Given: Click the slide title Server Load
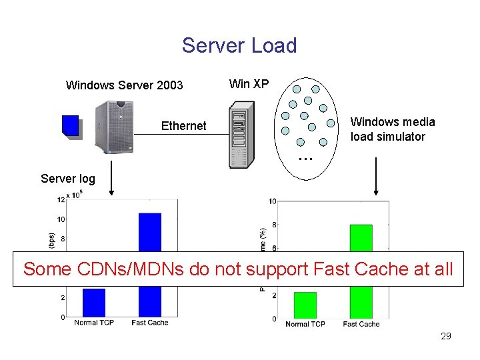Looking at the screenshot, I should tap(239, 45).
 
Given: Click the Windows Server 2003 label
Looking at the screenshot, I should tap(124, 85).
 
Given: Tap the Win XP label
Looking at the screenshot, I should tap(249, 83).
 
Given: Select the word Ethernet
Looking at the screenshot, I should tap(183, 125).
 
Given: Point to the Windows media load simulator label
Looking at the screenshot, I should tap(393, 129).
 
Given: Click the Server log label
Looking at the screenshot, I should tap(67, 178).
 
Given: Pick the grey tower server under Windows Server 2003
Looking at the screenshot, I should tap(113, 127).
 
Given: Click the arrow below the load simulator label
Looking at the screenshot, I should tap(375, 176).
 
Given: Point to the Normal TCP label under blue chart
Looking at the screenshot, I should tap(94, 323).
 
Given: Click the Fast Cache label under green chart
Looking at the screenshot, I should tap(361, 324).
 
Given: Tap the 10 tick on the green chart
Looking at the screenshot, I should tap(273, 201).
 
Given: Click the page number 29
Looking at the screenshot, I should tap(446, 336).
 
